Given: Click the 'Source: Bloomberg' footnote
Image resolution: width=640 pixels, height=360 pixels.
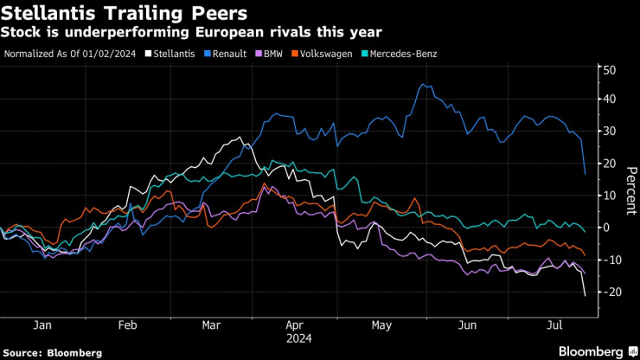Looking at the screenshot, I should (53, 352).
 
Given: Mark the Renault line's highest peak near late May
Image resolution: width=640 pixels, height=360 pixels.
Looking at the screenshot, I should (421, 84).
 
